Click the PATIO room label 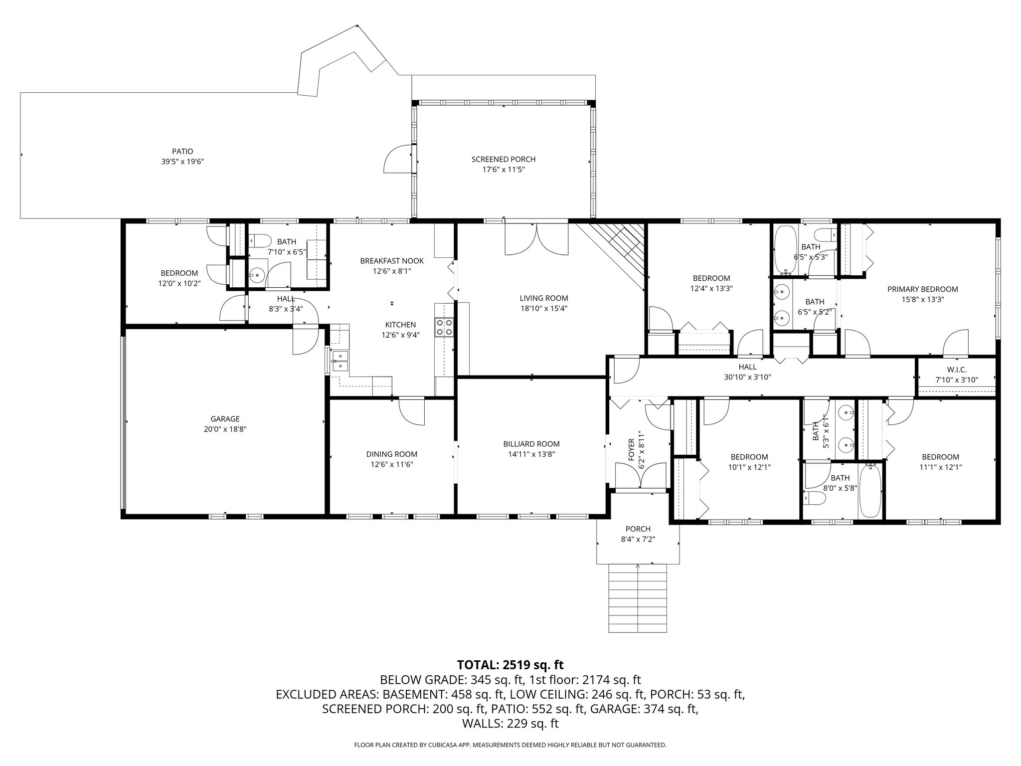point(182,151)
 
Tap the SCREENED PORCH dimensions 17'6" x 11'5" point(504,170)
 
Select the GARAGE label point(225,419)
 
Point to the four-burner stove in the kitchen point(445,327)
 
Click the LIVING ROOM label point(543,298)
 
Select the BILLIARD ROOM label point(531,444)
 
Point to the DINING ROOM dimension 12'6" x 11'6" point(392,464)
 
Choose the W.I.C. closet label point(957,370)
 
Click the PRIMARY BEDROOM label point(923,289)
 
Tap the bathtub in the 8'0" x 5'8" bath point(870,491)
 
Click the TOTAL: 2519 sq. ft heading point(510,665)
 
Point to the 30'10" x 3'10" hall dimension point(747,378)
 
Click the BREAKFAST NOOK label point(392,261)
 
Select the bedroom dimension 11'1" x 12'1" point(940,467)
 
